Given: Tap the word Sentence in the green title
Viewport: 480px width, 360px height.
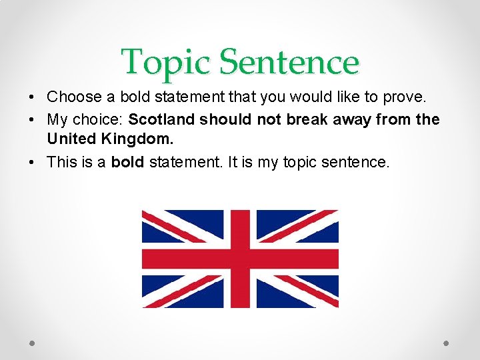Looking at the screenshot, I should click(289, 62).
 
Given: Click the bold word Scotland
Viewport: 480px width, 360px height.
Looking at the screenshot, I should click(162, 119).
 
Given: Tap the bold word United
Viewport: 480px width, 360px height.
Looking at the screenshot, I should click(69, 140).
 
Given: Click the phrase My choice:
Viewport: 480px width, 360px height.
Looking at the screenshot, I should click(85, 119).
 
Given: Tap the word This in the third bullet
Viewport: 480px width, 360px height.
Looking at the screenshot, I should click(61, 162).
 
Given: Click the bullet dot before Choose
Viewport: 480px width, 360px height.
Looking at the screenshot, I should click(33, 97).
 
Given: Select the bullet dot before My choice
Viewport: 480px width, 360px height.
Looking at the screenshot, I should click(33, 119).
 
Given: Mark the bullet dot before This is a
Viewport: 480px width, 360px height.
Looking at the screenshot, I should click(33, 162).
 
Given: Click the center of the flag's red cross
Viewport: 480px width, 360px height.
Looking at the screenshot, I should click(240, 259).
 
